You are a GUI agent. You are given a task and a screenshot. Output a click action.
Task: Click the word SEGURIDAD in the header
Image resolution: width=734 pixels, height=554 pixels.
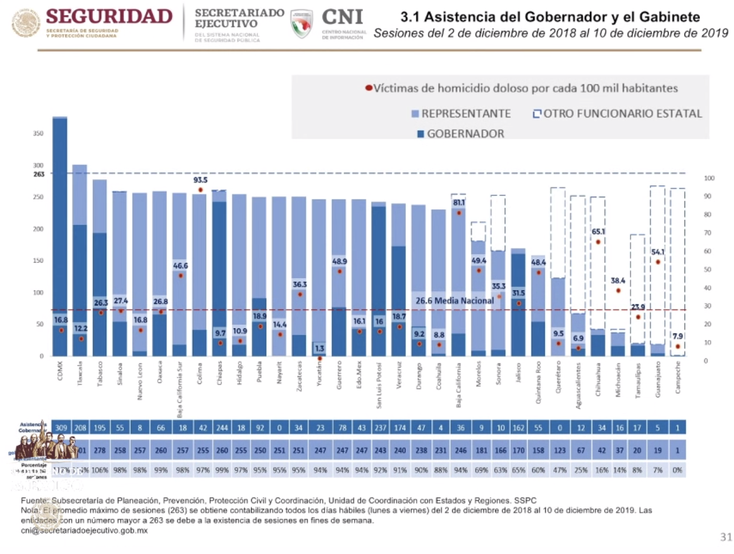coord(109,16)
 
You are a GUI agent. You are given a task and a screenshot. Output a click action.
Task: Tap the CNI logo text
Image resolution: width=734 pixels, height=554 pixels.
coord(342,17)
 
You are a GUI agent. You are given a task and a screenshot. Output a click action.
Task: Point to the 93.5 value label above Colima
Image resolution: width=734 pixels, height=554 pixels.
coord(200,180)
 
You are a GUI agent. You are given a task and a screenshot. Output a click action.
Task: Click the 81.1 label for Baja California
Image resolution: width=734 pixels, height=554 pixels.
coord(459,203)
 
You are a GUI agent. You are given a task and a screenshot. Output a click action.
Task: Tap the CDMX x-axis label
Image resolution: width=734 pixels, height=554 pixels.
coord(60,371)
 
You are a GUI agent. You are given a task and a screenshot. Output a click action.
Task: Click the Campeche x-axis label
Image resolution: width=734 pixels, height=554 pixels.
coord(678,377)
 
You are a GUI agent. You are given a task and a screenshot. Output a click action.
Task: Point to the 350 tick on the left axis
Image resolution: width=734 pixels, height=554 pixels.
coord(38,133)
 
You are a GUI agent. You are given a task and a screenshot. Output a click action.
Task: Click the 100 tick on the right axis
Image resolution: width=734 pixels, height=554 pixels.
coord(709,178)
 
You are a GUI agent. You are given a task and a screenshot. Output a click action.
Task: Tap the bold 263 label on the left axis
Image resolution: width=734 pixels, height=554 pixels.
coord(39,174)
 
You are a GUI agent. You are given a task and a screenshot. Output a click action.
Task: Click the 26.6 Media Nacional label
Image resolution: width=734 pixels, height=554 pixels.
coord(454,300)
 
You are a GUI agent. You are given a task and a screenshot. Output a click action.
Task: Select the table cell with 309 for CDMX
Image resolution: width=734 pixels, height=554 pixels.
coord(61,428)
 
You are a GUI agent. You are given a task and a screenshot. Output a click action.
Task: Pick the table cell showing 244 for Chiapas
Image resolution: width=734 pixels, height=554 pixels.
coord(222,428)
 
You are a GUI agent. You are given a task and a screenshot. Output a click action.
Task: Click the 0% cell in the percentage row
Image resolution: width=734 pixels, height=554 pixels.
coord(677,470)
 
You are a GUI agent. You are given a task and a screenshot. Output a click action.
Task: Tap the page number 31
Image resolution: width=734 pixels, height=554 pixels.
coord(726,537)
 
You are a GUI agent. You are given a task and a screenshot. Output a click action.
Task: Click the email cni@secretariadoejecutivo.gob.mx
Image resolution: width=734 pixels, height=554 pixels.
coord(84,531)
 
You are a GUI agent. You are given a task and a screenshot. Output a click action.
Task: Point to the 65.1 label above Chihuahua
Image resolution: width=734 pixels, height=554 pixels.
coord(598,232)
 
